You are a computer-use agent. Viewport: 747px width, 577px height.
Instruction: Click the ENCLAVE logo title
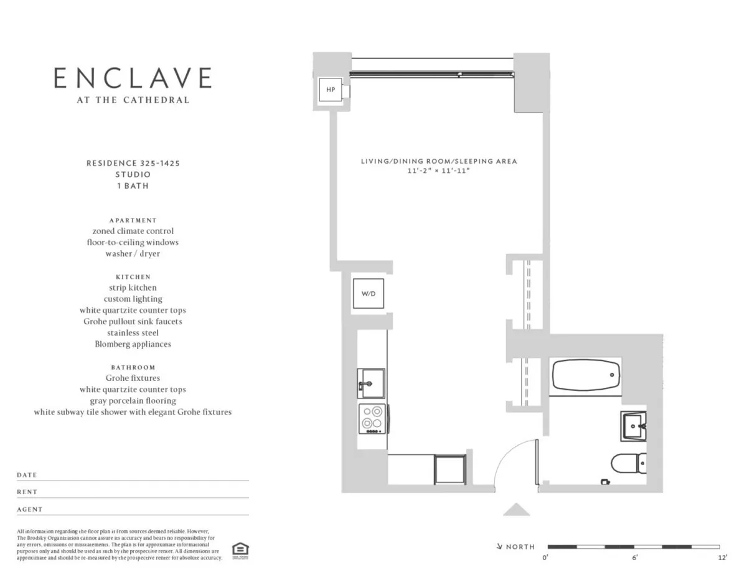pos(133,78)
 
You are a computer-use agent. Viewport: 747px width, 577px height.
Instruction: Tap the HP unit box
pos(331,90)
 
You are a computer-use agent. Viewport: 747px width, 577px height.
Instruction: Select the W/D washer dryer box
pos(369,294)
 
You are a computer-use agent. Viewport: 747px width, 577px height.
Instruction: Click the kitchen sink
pos(371,383)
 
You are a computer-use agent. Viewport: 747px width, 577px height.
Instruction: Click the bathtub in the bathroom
pos(585,375)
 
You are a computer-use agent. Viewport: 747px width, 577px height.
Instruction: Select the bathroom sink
pos(634,426)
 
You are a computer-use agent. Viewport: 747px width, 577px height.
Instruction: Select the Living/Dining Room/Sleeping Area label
pos(439,161)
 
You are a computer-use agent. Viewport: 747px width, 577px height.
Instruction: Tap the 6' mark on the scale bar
pos(634,558)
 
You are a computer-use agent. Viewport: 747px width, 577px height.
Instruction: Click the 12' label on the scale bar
pos(722,558)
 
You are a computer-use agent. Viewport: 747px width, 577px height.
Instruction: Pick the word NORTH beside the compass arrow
pos(520,547)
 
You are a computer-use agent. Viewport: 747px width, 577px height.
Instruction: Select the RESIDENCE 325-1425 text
pos(133,163)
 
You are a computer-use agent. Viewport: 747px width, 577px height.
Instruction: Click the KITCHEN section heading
pos(133,276)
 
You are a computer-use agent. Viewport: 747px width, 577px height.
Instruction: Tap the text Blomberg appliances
pos(133,344)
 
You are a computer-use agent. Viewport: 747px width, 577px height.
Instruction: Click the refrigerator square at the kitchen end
pos(450,469)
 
